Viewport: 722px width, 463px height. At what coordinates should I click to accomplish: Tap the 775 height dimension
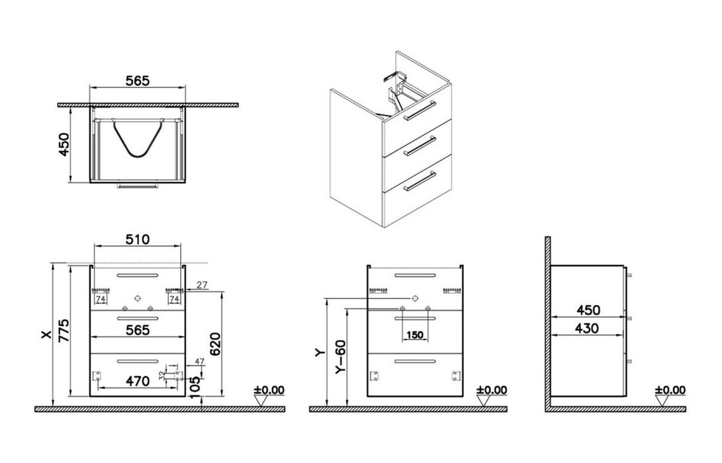[x=63, y=329]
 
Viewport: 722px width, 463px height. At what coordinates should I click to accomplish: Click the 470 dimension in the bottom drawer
[x=138, y=381]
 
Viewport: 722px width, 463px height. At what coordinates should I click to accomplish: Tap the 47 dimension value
[x=199, y=362]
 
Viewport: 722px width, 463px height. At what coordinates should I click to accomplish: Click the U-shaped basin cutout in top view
[x=138, y=142]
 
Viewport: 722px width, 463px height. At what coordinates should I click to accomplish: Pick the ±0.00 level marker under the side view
[x=670, y=391]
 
